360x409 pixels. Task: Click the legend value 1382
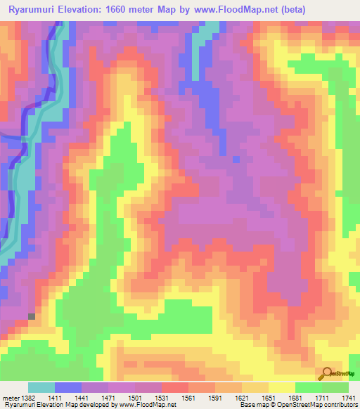pos(27,398)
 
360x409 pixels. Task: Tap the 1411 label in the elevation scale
pos(56,398)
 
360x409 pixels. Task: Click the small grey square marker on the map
pos(31,317)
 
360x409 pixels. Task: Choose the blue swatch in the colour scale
pos(68,387)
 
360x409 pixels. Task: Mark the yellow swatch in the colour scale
pos(281,387)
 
